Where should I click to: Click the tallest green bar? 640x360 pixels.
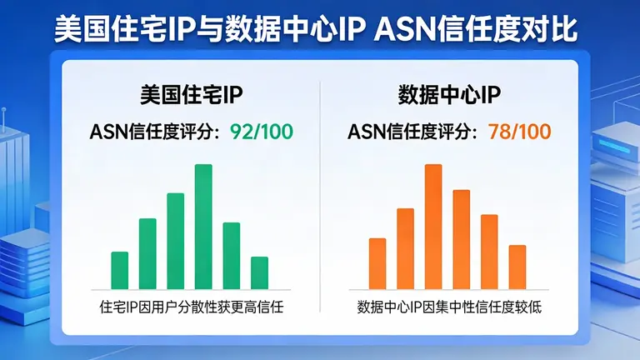(x=203, y=227)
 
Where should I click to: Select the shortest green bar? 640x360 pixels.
(x=259, y=272)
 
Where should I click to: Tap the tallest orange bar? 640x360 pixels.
(x=433, y=227)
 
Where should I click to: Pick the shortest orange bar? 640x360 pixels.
(x=517, y=267)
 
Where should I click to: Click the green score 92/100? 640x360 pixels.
(x=261, y=132)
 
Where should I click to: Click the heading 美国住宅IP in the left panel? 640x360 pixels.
(x=192, y=96)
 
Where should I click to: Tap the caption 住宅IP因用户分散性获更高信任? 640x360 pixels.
(x=192, y=307)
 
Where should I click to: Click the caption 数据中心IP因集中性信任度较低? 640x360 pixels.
(x=449, y=307)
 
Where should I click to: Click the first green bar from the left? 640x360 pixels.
(x=120, y=270)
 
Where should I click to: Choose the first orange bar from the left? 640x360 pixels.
(x=377, y=263)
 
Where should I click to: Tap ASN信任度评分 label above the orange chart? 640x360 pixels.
(x=412, y=132)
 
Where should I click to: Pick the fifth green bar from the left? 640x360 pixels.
(x=232, y=256)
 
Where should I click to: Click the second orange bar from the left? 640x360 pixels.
(x=405, y=248)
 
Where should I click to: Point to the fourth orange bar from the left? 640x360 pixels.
(x=462, y=239)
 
